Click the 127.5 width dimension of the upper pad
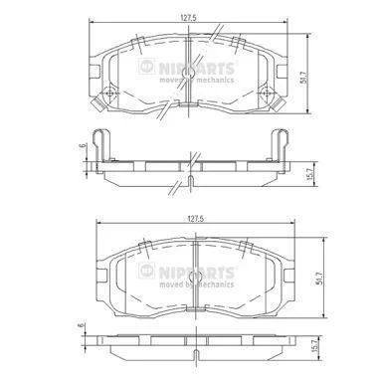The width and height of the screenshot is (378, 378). [x=189, y=19]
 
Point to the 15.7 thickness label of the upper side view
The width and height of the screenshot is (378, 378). [x=310, y=174]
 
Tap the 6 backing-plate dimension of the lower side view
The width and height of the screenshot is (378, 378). [x=82, y=325]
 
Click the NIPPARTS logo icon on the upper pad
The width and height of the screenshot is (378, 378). [x=146, y=66]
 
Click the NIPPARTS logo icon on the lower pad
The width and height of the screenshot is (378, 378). [x=146, y=271]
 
